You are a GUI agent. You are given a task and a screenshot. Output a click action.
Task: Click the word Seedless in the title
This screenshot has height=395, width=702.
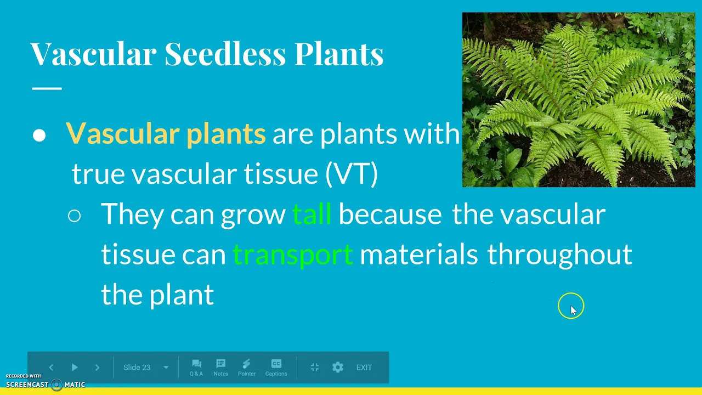(x=225, y=53)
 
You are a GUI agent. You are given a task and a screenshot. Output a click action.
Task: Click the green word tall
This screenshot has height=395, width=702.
(x=312, y=214)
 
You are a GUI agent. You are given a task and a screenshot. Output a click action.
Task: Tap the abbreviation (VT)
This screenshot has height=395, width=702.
(x=352, y=174)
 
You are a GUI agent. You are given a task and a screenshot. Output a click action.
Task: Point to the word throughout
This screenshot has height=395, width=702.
(x=559, y=254)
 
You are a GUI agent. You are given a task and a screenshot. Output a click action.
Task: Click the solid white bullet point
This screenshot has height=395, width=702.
(x=39, y=135)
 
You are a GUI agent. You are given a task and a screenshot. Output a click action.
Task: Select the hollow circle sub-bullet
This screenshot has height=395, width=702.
(x=74, y=216)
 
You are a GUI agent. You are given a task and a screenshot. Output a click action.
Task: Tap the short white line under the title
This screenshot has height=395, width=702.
(x=47, y=89)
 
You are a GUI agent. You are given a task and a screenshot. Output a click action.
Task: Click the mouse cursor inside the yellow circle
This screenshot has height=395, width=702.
(x=574, y=311)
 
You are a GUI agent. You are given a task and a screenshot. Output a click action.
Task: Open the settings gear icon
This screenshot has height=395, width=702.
(x=337, y=367)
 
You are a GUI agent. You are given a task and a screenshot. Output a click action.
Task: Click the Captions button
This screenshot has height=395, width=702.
(x=276, y=368)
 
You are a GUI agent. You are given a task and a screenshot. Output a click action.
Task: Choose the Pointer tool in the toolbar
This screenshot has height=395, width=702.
(x=247, y=368)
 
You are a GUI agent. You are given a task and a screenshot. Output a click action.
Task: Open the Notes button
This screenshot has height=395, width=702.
(x=220, y=368)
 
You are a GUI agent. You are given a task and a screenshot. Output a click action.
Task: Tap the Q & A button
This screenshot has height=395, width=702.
(x=196, y=368)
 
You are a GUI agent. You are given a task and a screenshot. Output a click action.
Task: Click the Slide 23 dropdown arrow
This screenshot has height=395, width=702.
(x=166, y=368)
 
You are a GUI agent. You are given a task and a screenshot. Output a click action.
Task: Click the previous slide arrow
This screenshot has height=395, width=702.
(x=51, y=368)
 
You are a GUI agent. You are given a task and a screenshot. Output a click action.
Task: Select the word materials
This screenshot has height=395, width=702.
(x=418, y=254)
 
